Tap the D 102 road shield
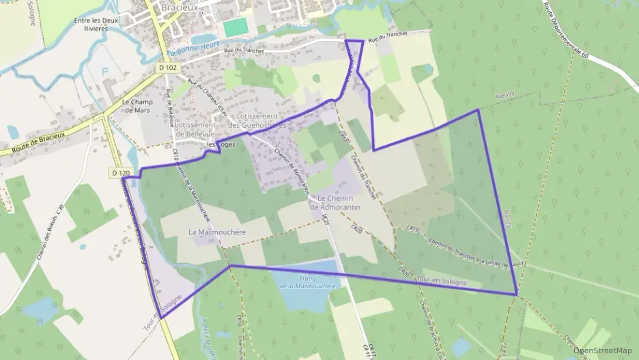(x=167, y=68)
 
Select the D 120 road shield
(x=119, y=173)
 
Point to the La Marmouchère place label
(x=216, y=232)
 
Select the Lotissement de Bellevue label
(x=195, y=129)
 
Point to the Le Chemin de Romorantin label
(x=335, y=202)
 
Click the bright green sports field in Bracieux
(x=235, y=28)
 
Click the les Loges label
(x=221, y=145)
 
